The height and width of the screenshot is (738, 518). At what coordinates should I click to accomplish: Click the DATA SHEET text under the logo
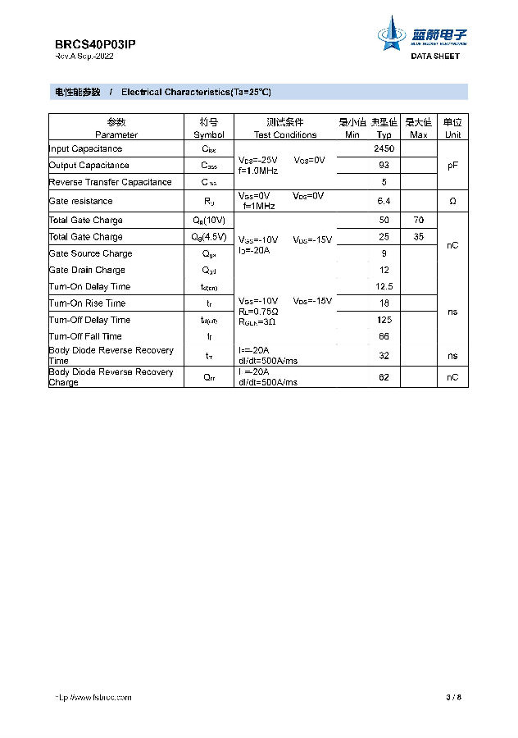435,57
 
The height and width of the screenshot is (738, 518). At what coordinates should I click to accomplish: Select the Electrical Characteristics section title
196,92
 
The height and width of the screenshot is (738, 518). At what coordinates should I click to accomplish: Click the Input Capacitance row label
85,148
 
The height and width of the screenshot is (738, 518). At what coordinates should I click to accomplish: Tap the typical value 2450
384,148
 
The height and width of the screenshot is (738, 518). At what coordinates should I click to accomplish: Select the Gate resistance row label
80,201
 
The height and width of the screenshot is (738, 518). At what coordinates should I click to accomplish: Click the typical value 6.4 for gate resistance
384,201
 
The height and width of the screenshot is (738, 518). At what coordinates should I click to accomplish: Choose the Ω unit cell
452,201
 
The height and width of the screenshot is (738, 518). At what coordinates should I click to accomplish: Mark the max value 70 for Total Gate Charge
419,220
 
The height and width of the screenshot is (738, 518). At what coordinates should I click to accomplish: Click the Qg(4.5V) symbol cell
209,237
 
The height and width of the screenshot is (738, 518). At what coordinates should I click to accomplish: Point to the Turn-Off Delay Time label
89,320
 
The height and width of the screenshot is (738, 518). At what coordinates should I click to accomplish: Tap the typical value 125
384,320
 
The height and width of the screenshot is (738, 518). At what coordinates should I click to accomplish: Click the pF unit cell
452,165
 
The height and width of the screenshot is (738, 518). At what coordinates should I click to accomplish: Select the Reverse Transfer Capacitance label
110,182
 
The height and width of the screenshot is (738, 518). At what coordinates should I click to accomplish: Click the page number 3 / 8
454,698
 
